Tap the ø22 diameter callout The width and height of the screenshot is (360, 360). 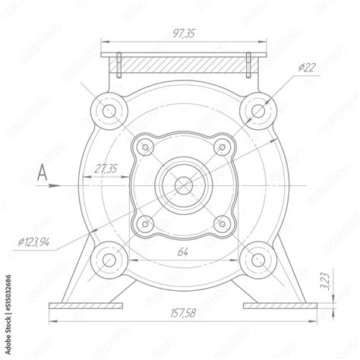pyautogui.click(x=308, y=68)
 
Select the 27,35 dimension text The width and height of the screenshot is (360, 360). pyautogui.click(x=106, y=168)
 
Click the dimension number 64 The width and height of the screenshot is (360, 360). pyautogui.click(x=182, y=251)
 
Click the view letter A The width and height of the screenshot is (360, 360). pyautogui.click(x=43, y=175)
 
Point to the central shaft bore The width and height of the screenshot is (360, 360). pyautogui.click(x=184, y=185)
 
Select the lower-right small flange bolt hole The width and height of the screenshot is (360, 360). pyautogui.click(x=222, y=223)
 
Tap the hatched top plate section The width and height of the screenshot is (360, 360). pyautogui.click(x=185, y=64)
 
